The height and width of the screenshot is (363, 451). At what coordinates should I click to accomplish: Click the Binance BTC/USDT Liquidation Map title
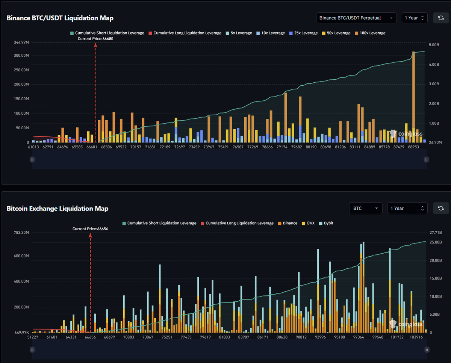tap(60, 18)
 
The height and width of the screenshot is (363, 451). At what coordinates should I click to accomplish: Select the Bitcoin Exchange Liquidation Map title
tap(58, 208)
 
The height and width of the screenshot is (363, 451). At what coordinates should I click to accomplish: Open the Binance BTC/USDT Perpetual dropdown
tap(356, 18)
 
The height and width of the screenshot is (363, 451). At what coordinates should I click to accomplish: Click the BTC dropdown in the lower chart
tap(365, 208)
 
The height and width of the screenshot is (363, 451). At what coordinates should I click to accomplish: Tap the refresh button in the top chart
tap(441, 18)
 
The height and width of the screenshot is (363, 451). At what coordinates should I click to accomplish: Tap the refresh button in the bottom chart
tap(441, 208)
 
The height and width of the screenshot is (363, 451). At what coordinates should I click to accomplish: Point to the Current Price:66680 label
tap(95, 39)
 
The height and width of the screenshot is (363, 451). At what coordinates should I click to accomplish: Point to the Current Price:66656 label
tap(90, 229)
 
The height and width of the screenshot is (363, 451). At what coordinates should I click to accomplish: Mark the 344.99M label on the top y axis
tap(21, 43)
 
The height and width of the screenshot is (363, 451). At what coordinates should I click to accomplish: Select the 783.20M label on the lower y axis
tap(21, 233)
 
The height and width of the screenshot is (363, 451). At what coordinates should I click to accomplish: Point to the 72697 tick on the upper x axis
tap(179, 147)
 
